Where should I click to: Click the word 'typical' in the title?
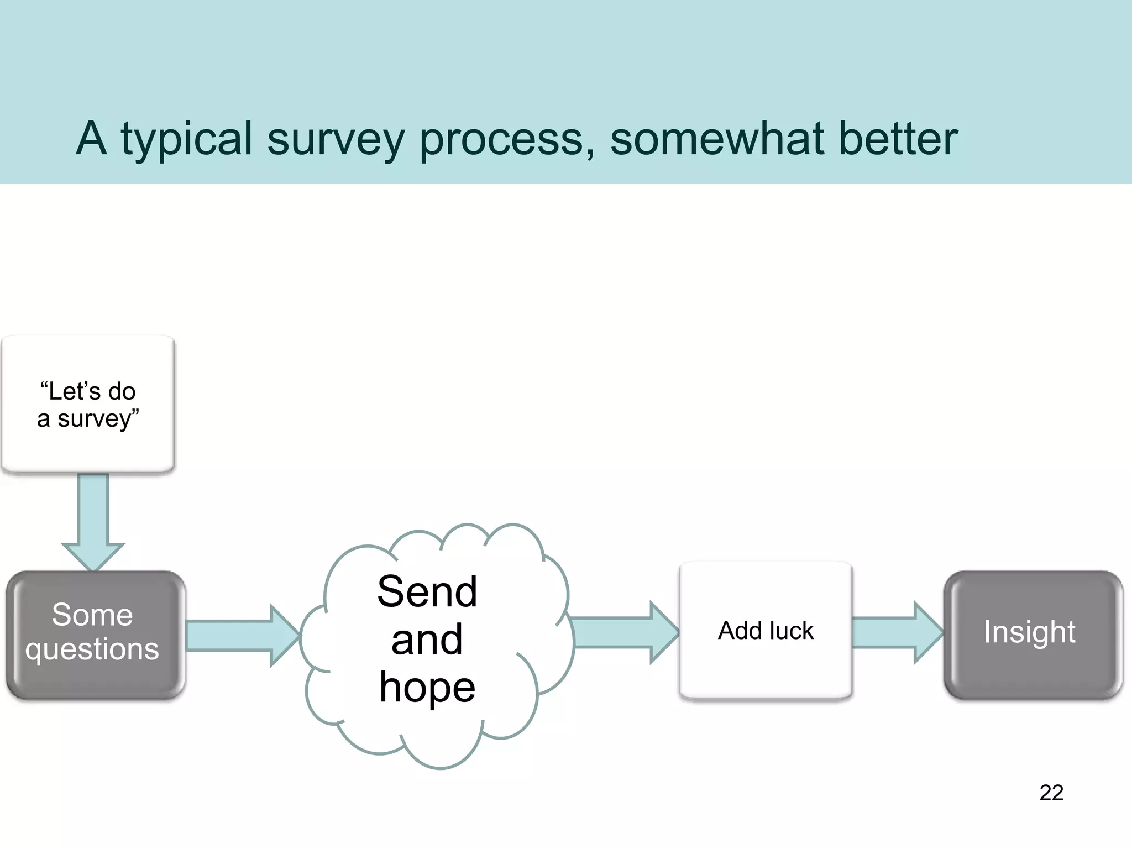tap(187, 139)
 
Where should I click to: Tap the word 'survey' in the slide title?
tap(336, 139)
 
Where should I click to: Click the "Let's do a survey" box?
tap(88, 404)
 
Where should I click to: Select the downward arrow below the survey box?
tap(93, 520)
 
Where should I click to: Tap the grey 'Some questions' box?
tap(95, 635)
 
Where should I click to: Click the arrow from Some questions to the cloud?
tap(240, 635)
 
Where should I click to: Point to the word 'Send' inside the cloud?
tap(427, 592)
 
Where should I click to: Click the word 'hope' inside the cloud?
tap(427, 687)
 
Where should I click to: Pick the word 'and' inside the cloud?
tap(427, 640)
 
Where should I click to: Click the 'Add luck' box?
tap(766, 631)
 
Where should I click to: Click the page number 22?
tap(1051, 793)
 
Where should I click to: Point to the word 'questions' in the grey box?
tap(92, 649)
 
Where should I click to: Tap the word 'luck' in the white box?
tap(792, 631)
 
